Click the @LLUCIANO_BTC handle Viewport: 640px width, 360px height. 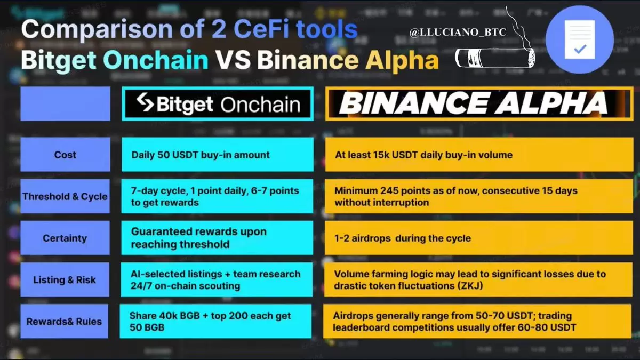pos(458,33)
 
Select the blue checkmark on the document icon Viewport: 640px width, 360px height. pos(580,49)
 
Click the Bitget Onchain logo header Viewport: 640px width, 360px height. pos(218,103)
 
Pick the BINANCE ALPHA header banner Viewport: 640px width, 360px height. pos(479,103)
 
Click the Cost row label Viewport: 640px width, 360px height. pos(65,155)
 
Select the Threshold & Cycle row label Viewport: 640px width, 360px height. pos(65,196)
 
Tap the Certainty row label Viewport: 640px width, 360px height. pos(65,238)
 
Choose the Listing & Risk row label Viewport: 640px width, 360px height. pos(65,279)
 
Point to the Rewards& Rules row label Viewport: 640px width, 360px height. pos(65,322)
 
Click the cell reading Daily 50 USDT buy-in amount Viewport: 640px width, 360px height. pos(218,155)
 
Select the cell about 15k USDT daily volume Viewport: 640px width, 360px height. pos(479,155)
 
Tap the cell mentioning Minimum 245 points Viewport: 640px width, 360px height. pos(479,196)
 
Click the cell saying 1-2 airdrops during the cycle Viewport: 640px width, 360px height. pos(478,238)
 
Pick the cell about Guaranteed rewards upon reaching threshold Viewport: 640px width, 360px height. pos(217,238)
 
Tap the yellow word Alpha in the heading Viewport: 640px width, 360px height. pos(402,61)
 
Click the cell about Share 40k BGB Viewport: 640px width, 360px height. pos(215,322)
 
